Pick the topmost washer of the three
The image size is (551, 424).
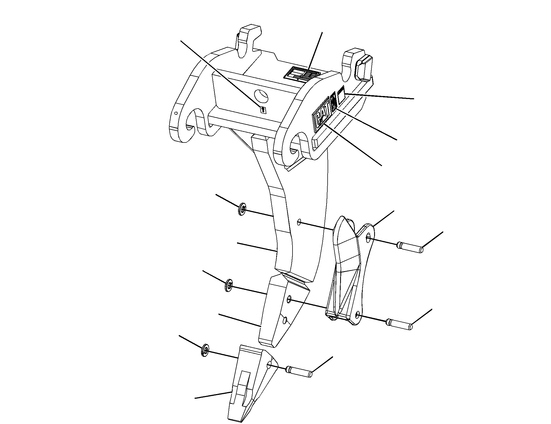pos(242,209)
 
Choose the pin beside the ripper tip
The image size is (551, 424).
pos(298,372)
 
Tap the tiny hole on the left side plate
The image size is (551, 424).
pos(176,113)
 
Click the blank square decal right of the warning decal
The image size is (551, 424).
pos(341,96)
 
